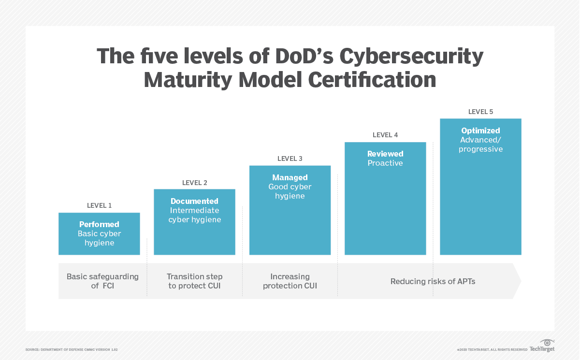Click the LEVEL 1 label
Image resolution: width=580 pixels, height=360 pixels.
99,205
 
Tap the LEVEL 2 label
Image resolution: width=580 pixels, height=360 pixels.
194,183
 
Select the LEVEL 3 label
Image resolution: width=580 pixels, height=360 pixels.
290,158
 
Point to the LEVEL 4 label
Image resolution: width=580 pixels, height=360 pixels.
385,135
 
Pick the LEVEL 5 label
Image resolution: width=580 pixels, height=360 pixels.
480,112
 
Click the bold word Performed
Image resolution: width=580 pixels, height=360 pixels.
99,224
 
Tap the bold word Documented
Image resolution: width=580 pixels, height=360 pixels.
194,201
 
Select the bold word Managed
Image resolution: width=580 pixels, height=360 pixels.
290,177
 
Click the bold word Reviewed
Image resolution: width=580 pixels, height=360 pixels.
385,154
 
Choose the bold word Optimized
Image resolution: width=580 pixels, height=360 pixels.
480,130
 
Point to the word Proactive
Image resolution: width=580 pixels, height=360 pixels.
385,163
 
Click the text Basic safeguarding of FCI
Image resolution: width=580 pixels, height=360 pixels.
102,281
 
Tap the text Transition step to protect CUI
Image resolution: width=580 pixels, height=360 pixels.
195,281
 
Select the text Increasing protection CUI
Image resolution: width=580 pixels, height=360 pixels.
290,281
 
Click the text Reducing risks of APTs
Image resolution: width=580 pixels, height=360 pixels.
433,281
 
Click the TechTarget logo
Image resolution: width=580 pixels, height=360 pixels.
542,346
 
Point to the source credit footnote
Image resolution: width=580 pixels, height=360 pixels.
71,349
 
